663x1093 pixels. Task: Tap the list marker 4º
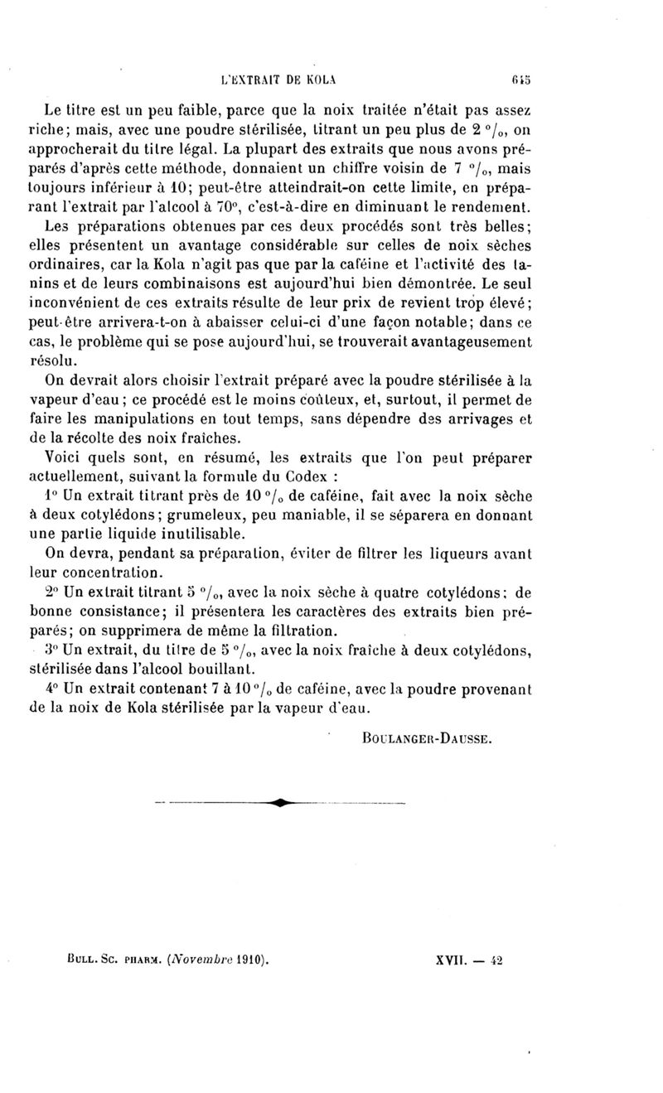point(51,687)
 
